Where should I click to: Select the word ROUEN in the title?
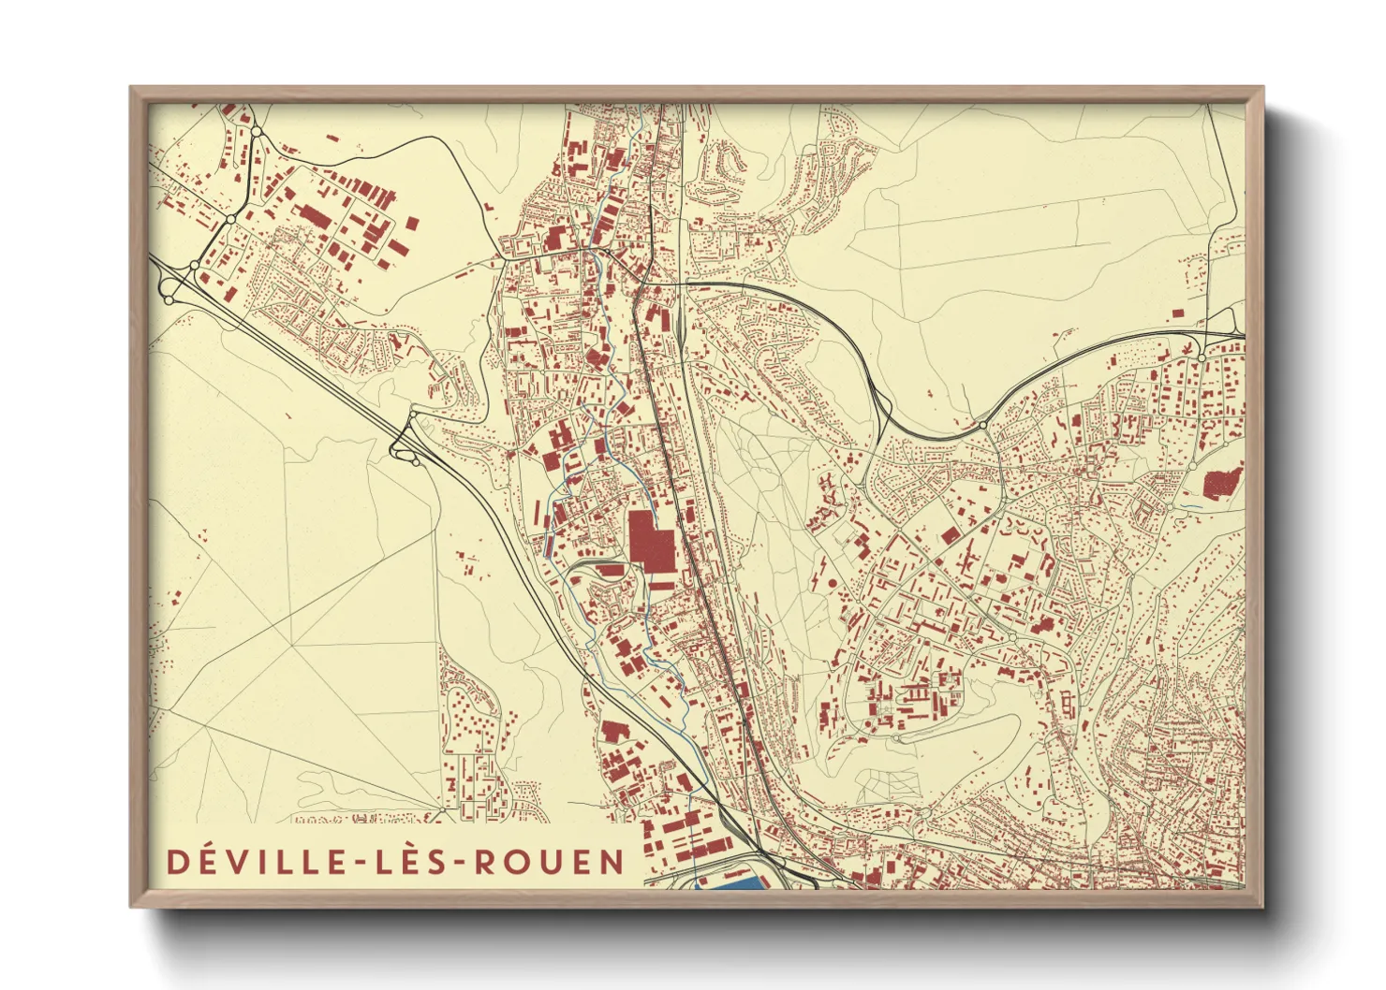[549, 862]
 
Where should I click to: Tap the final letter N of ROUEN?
[612, 862]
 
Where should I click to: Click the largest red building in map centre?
[650, 541]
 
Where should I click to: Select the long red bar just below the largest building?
[660, 586]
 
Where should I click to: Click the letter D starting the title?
[175, 862]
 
